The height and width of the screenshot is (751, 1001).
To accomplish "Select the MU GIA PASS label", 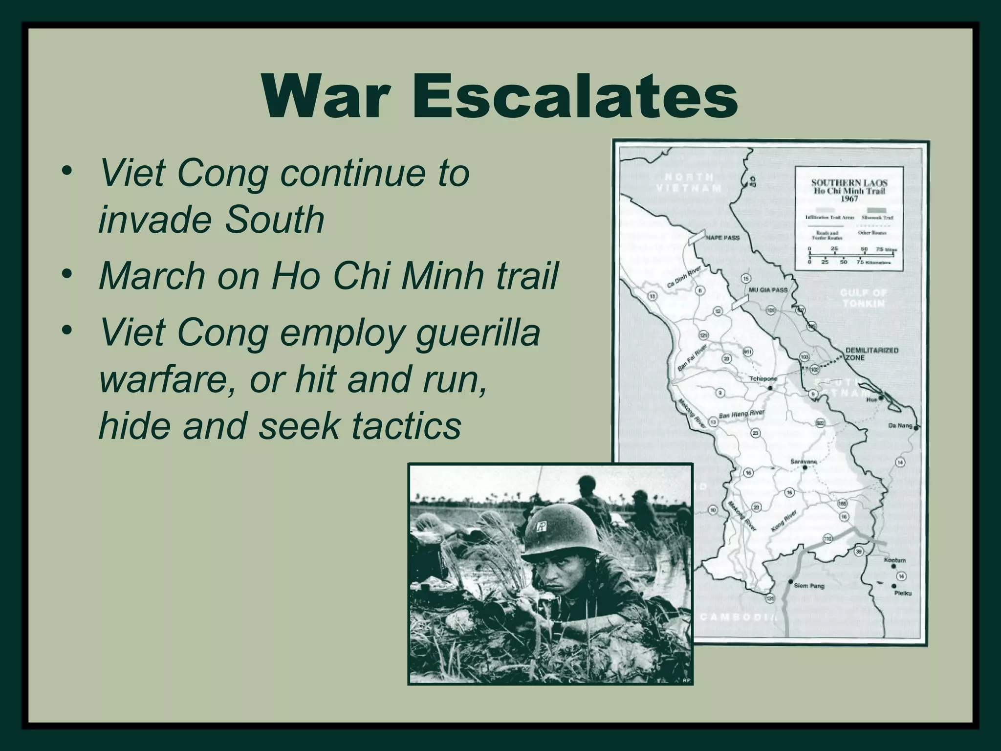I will (x=768, y=290).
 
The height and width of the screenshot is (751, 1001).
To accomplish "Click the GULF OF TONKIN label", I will (x=863, y=298).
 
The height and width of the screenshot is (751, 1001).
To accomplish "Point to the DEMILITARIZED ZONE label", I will (x=871, y=353).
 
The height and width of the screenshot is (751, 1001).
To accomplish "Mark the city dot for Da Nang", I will (x=915, y=428).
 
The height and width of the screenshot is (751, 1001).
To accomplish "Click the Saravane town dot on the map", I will (x=805, y=467).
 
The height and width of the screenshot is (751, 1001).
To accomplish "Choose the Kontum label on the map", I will (x=895, y=560).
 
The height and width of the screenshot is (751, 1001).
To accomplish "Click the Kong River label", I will (x=784, y=521).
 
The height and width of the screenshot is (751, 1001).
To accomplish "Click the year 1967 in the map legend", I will (x=849, y=199).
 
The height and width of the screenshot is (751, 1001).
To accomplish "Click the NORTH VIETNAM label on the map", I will (x=689, y=182).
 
